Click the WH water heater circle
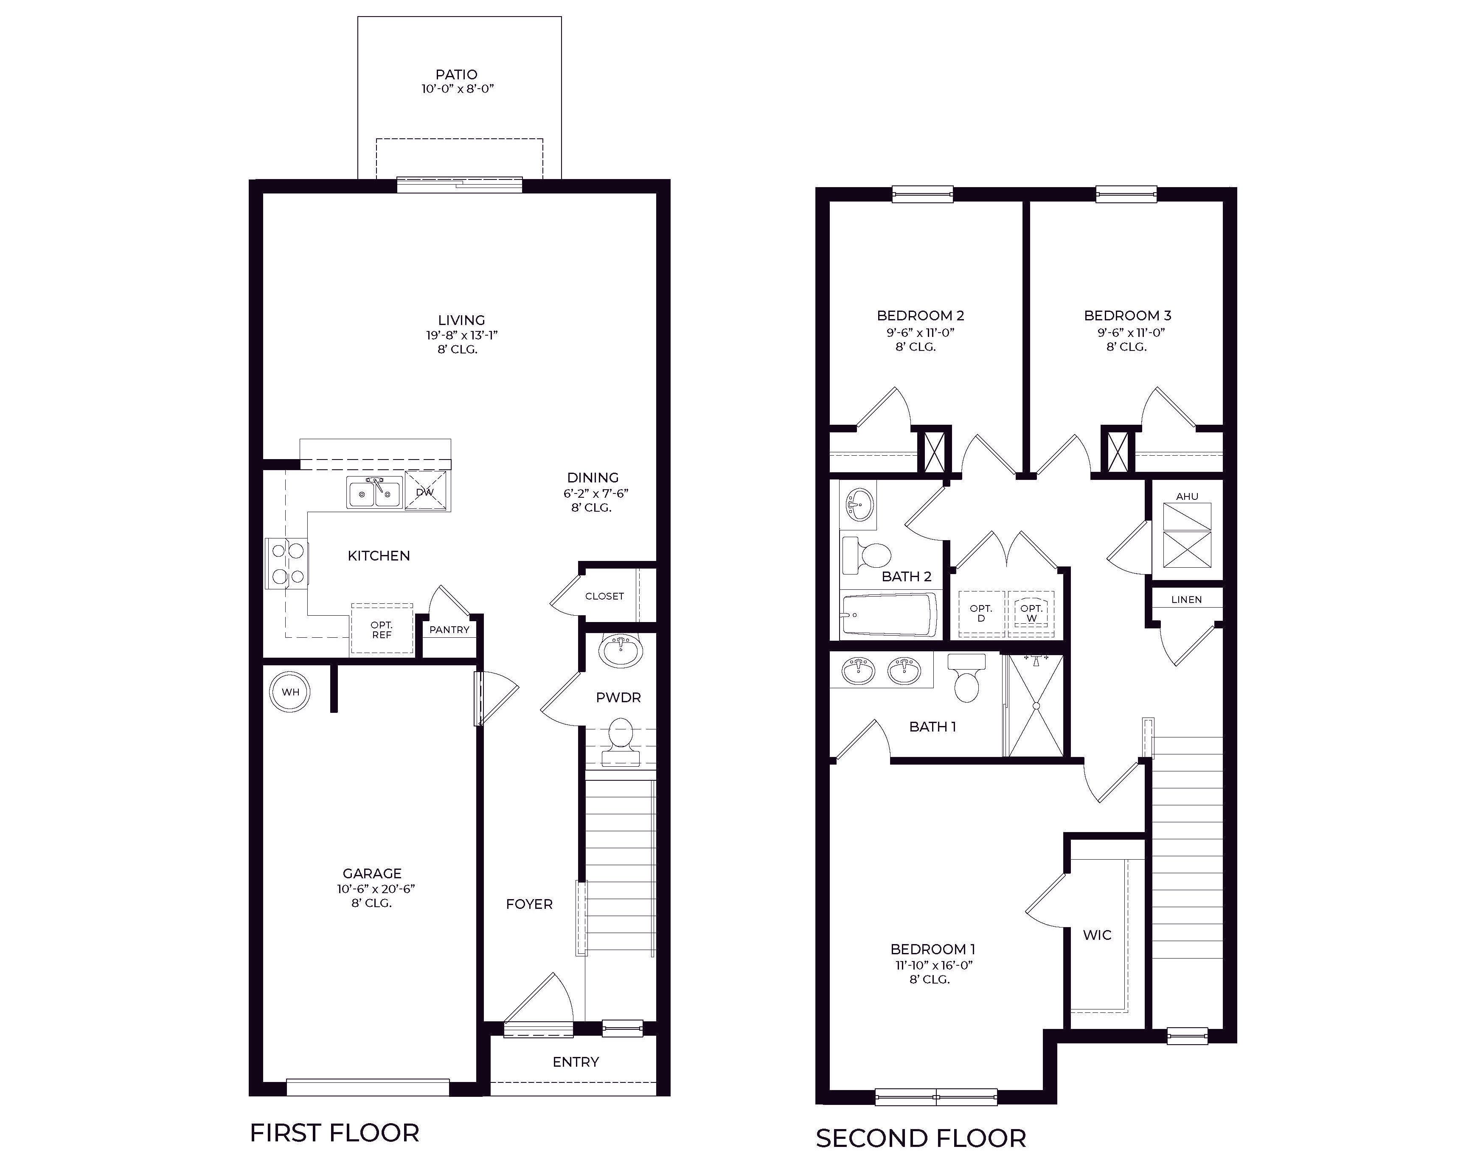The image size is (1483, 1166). pyautogui.click(x=290, y=692)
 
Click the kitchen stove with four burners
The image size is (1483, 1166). pyautogui.click(x=287, y=563)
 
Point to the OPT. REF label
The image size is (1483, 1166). pyautogui.click(x=382, y=629)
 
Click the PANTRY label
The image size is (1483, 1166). pyautogui.click(x=449, y=629)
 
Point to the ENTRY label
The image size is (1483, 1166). pyautogui.click(x=576, y=1062)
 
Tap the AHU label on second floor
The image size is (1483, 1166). pyautogui.click(x=1187, y=496)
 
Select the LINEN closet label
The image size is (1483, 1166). pyautogui.click(x=1186, y=600)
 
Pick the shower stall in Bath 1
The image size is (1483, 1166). pyautogui.click(x=1036, y=705)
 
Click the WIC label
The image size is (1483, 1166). pyautogui.click(x=1097, y=935)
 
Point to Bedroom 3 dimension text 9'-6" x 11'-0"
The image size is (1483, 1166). pyautogui.click(x=1131, y=333)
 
